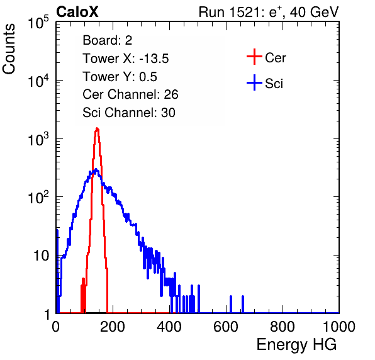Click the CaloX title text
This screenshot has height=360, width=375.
pyautogui.click(x=77, y=12)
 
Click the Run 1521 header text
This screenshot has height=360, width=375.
pyautogui.click(x=269, y=12)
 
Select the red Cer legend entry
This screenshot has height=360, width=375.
pyautogui.click(x=266, y=57)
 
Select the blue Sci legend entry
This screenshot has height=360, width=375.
pyautogui.click(x=265, y=83)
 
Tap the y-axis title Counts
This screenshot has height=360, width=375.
pyautogui.click(x=9, y=49)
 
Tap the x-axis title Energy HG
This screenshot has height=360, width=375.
pyautogui.click(x=296, y=344)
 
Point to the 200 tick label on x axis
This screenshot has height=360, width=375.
pyautogui.click(x=113, y=327)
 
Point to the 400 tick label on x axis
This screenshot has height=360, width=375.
pyautogui.click(x=169, y=327)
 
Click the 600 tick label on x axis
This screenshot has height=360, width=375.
pyautogui.click(x=226, y=327)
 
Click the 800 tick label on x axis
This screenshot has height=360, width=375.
pyautogui.click(x=283, y=327)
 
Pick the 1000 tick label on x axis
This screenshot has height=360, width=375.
pyautogui.click(x=339, y=327)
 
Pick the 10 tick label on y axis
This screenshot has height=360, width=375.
pyautogui.click(x=41, y=256)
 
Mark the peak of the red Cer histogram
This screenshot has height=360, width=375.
pyautogui.click(x=97, y=128)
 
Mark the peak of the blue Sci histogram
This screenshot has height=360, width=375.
pyautogui.click(x=96, y=169)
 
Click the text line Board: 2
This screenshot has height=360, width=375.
pyautogui.click(x=108, y=40)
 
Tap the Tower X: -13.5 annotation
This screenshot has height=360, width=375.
pyautogui.click(x=126, y=59)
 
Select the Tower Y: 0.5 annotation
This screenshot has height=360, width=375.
pyautogui.click(x=120, y=77)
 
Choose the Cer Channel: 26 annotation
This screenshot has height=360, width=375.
pyautogui.click(x=130, y=94)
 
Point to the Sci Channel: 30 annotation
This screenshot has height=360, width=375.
pyautogui.click(x=129, y=113)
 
